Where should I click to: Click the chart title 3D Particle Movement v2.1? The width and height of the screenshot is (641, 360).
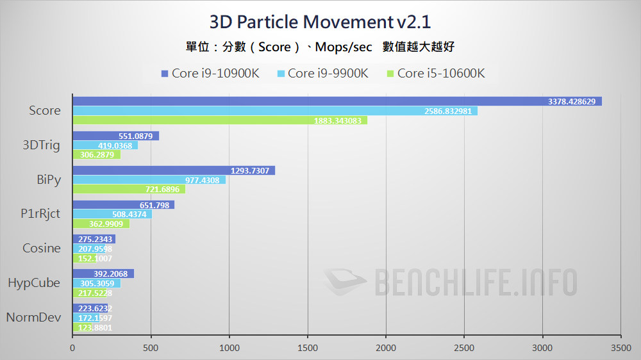pos(320,22)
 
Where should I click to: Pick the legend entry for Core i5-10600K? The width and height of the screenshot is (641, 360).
pos(435,73)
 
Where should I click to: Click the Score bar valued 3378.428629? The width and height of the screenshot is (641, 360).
pos(337,101)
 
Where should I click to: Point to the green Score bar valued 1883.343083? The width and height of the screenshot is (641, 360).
pos(219,120)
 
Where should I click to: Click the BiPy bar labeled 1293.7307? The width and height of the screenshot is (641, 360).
pos(173,170)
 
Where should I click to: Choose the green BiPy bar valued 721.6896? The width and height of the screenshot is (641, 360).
pos(128,189)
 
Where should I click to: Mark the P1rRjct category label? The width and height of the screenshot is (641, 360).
pos(41,214)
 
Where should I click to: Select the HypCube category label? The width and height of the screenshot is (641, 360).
pos(34,282)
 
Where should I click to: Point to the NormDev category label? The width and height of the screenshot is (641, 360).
pos(33,317)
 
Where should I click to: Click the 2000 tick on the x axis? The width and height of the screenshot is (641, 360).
pos(386,348)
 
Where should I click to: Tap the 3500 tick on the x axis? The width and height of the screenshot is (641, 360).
pos(620,348)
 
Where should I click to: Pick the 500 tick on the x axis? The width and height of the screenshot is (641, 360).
pos(151,348)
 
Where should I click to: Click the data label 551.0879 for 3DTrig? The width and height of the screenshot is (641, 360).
pos(135,136)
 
